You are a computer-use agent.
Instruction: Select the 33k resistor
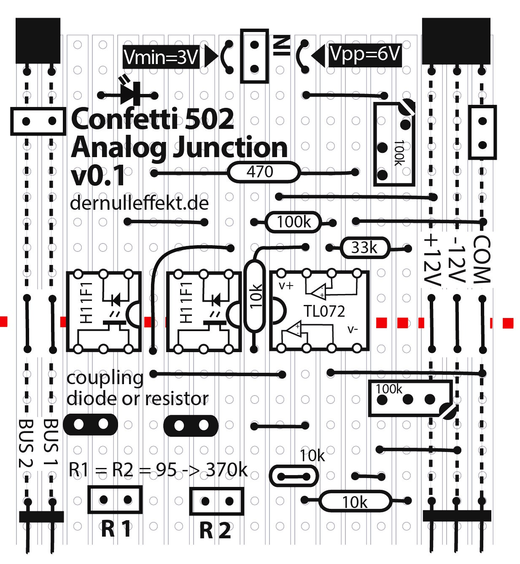click(x=365, y=248)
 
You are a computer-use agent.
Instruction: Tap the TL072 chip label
click(x=324, y=311)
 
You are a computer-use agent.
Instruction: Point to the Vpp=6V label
click(x=364, y=54)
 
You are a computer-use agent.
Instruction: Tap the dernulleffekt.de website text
click(x=139, y=203)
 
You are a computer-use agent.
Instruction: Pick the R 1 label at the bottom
click(x=116, y=529)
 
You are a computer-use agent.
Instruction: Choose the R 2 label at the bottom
click(x=215, y=530)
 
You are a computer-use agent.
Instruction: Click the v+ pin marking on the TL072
click(x=286, y=286)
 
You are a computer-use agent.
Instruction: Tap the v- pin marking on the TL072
click(x=353, y=329)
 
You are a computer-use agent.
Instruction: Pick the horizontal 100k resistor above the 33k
click(x=294, y=222)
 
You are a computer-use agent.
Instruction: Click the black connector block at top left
click(x=38, y=41)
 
